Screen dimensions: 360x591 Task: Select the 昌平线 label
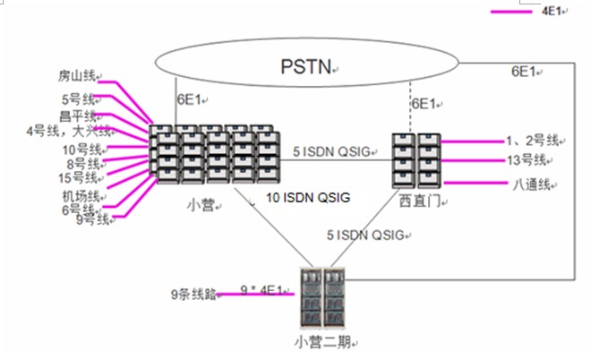tap(79, 116)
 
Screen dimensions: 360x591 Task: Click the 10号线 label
tap(81, 149)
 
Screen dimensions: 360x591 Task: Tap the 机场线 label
tap(80, 195)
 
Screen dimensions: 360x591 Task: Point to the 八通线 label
tap(531, 186)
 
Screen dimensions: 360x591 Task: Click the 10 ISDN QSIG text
tap(308, 196)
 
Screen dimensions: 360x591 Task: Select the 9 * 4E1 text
tap(264, 289)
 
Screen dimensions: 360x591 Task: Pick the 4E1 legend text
tap(553, 13)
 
